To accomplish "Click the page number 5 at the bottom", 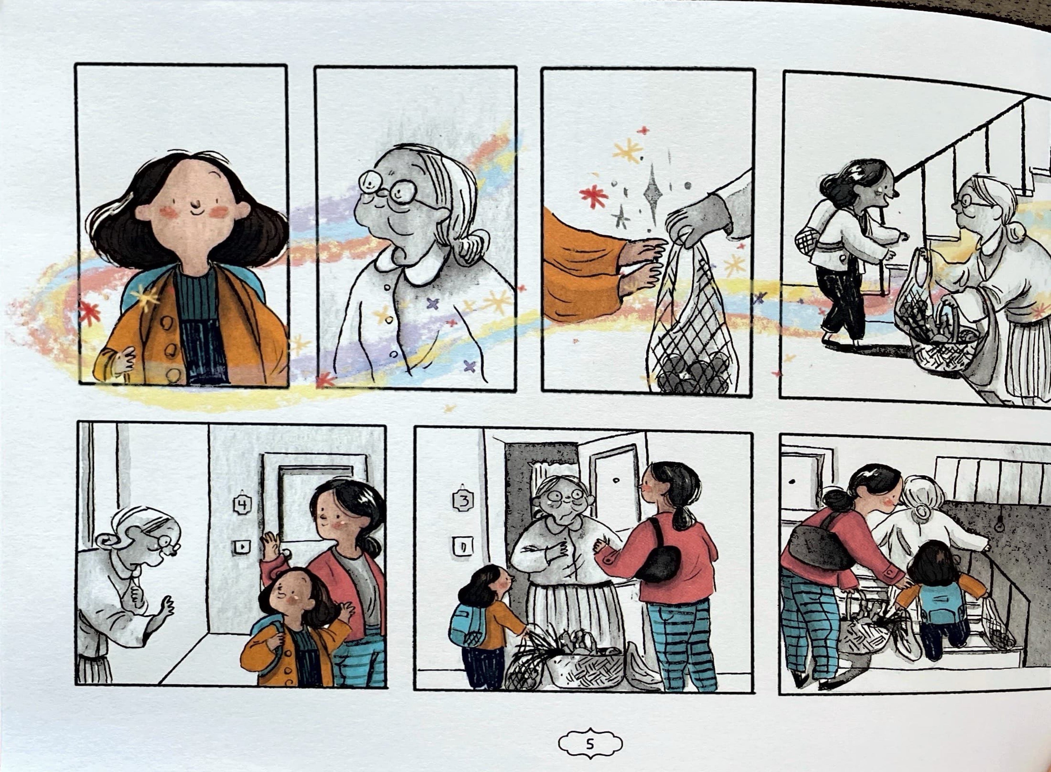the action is [x=590, y=743].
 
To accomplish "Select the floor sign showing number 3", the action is [x=463, y=501].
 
